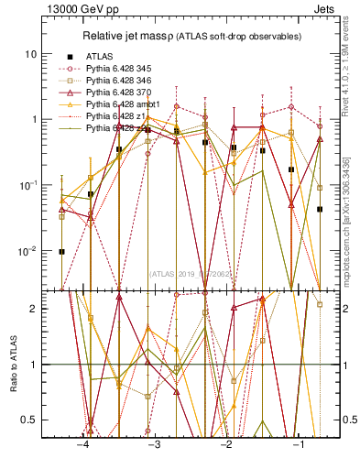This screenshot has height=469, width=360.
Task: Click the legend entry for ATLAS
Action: (101, 56)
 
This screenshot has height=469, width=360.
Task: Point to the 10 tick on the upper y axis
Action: (31, 54)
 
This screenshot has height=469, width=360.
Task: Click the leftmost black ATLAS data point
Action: (61, 251)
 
